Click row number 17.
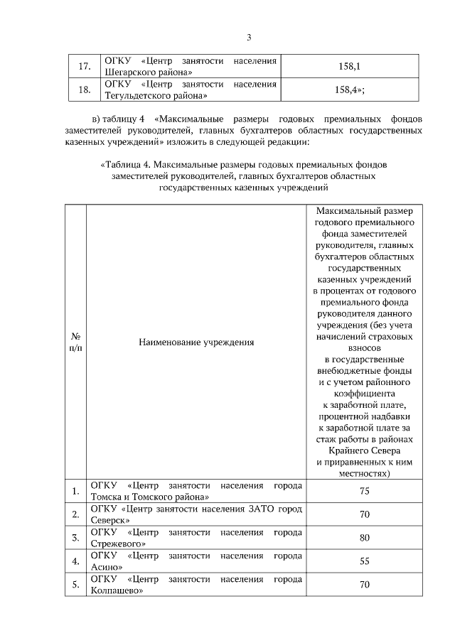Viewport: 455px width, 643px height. click(83, 67)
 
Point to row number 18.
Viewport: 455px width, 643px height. click(83, 90)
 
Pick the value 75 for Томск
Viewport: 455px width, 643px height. click(364, 491)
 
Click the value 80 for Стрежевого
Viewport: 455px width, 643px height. click(364, 538)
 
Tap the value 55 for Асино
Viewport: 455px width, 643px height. click(364, 561)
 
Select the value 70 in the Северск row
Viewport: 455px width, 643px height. click(364, 514)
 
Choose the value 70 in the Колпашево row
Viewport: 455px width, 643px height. click(364, 585)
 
